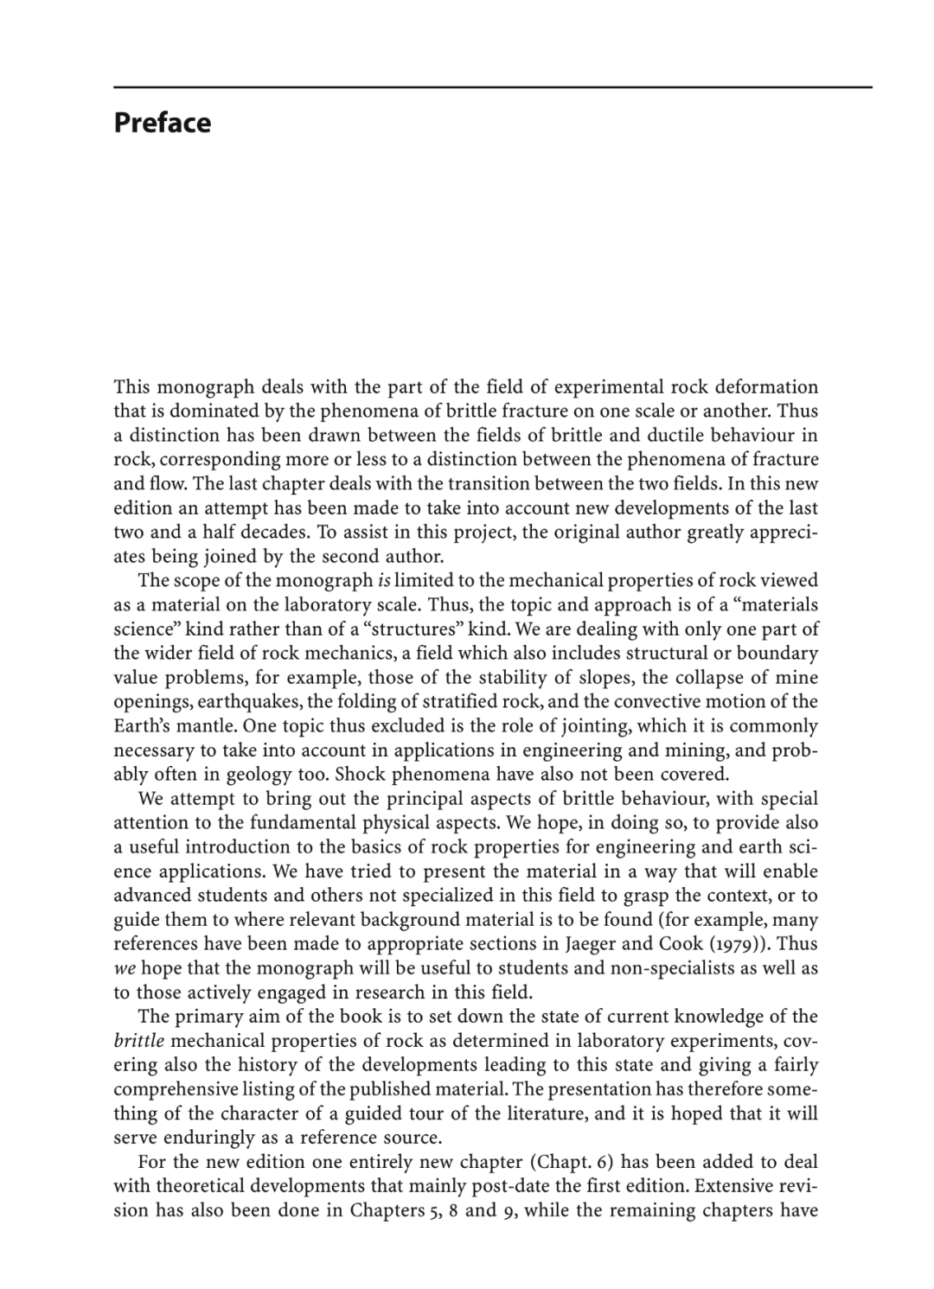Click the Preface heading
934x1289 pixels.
(x=162, y=123)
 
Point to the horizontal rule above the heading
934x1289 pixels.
(x=492, y=87)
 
